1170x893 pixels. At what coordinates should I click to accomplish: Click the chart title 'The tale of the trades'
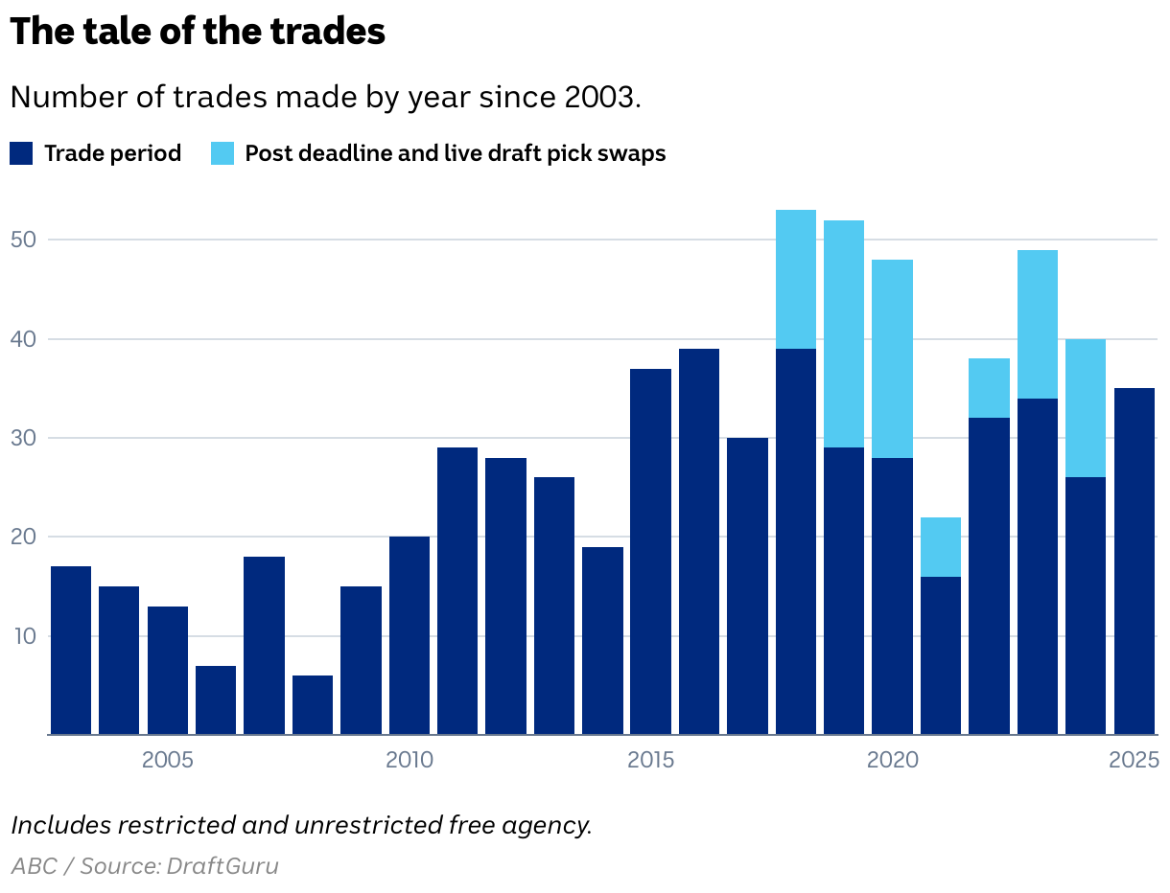[x=198, y=32]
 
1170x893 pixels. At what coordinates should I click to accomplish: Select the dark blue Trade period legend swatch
[x=21, y=153]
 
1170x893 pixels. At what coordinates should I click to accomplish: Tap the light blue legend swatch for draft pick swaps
[x=222, y=153]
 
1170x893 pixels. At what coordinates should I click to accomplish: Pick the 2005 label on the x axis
[x=168, y=761]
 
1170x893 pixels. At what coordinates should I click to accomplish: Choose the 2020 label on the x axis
[x=893, y=761]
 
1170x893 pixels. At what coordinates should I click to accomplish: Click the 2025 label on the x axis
[x=1135, y=761]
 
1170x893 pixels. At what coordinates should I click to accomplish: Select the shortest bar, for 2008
[x=313, y=705]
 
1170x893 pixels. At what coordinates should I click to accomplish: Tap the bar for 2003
[x=71, y=651]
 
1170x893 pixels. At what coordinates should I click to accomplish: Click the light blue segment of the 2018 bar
[x=796, y=279]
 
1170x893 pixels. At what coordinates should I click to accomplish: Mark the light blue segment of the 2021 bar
[x=941, y=547]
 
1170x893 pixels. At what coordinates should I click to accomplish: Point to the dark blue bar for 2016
[x=699, y=541]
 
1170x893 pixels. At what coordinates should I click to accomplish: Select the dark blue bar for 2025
[x=1135, y=561]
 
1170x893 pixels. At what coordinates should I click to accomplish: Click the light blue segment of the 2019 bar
[x=844, y=333]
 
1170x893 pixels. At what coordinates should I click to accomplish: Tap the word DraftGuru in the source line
[x=222, y=866]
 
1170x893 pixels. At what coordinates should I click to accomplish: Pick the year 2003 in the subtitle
[x=602, y=98]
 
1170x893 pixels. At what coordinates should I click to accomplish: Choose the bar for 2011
[x=457, y=591]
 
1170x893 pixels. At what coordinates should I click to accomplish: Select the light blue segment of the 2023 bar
[x=1038, y=324]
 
